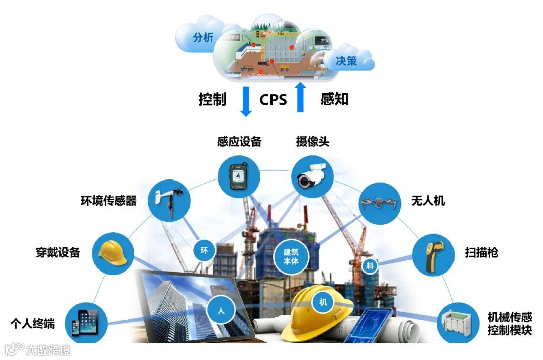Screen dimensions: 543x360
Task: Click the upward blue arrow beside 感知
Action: pyautogui.click(x=300, y=97)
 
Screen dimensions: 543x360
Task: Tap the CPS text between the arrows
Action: pyautogui.click(x=273, y=99)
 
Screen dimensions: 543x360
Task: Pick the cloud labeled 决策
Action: pyautogui.click(x=347, y=61)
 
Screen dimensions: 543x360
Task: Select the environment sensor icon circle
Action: pyautogui.click(x=169, y=203)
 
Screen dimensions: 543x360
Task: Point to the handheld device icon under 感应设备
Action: pyautogui.click(x=238, y=175)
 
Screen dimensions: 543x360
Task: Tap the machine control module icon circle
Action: pyautogui.click(x=458, y=322)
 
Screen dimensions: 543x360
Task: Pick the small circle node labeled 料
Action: pyautogui.click(x=370, y=266)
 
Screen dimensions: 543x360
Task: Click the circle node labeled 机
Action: pyautogui.click(x=323, y=302)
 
